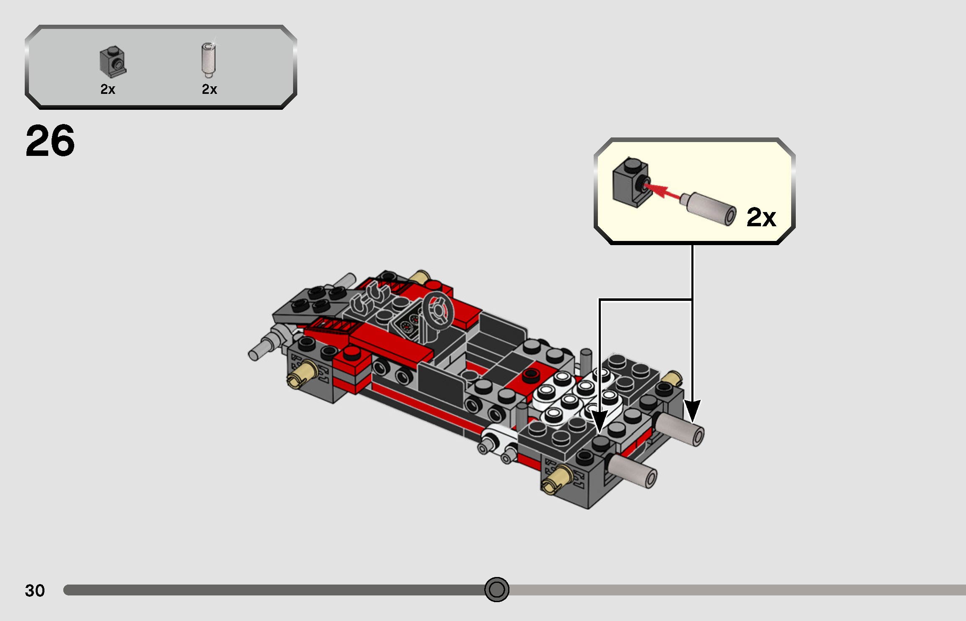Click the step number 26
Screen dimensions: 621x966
50,141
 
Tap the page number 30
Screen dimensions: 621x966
35,590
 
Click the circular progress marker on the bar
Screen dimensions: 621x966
496,590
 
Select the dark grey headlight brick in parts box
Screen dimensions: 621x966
113,62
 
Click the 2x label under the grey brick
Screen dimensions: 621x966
108,89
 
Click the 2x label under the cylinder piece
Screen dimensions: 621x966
209,89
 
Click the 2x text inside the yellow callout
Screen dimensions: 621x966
761,217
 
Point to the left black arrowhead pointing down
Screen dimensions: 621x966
600,421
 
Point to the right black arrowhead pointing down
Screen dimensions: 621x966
692,411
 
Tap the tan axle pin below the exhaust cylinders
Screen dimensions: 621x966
557,480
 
